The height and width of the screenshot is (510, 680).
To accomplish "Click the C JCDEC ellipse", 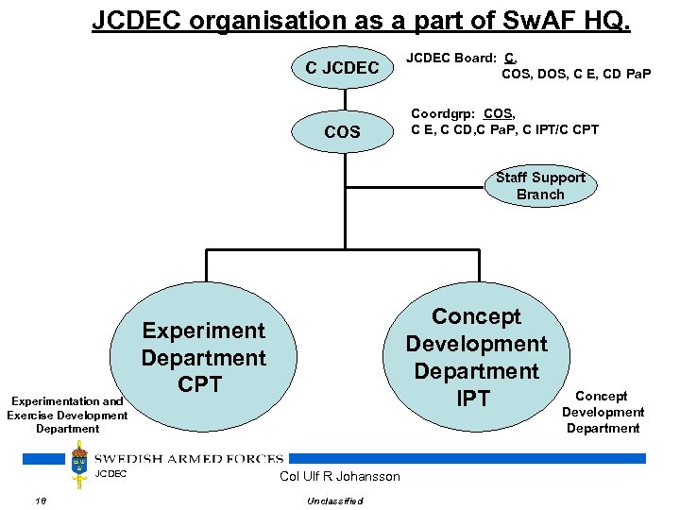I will (x=341, y=67).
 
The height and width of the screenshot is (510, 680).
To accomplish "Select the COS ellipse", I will (x=341, y=131).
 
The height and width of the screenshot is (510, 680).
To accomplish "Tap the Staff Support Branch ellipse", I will (x=540, y=186).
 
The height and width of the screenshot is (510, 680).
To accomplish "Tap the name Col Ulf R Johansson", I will (x=340, y=476).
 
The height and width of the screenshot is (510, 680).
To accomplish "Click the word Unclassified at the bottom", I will (x=335, y=501).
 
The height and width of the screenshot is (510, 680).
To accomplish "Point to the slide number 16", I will (x=40, y=501).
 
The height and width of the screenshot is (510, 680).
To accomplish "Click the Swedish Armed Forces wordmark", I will (x=188, y=459).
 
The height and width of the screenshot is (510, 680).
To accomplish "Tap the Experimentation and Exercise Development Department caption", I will (x=67, y=415).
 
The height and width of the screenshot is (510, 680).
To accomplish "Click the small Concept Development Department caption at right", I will (x=603, y=412).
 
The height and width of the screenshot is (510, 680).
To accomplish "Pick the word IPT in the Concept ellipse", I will (x=473, y=399).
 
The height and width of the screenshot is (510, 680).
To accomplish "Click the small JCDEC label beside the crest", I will (x=110, y=473).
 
